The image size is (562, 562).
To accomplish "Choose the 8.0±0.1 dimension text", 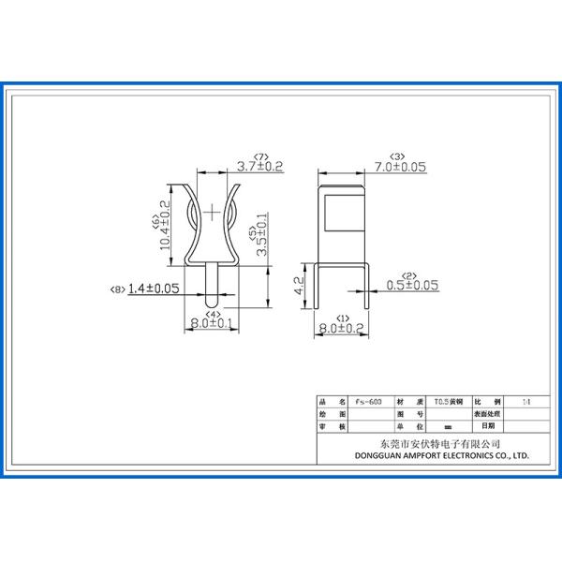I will click(212, 324).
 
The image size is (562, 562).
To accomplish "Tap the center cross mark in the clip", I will click(214, 213).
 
